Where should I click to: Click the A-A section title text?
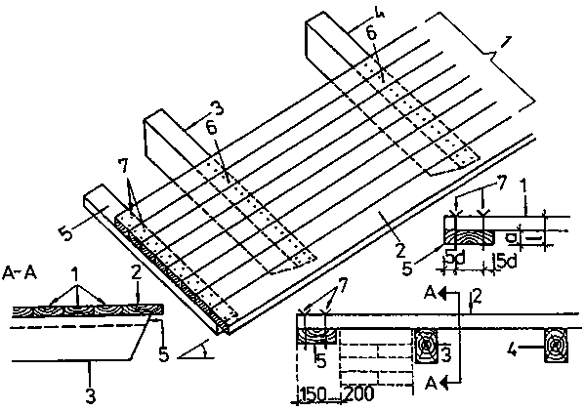pyautogui.click(x=20, y=273)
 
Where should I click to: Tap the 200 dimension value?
pyautogui.click(x=358, y=393)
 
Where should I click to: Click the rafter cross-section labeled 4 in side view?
pyautogui.click(x=556, y=346)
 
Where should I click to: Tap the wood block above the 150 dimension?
pyautogui.click(x=316, y=337)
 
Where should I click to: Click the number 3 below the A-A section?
pyautogui.click(x=91, y=396)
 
